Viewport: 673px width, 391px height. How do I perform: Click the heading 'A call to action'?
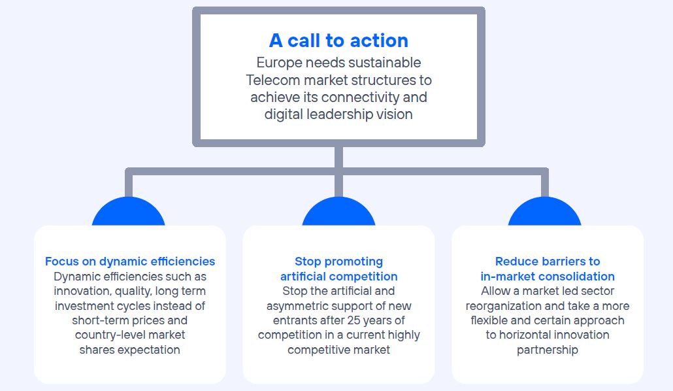[x=338, y=41]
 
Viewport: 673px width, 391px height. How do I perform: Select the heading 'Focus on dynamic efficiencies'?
[x=130, y=262]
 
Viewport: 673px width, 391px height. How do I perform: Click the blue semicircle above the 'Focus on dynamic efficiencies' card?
[x=128, y=211]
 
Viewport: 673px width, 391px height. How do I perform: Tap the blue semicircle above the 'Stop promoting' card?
[x=338, y=211]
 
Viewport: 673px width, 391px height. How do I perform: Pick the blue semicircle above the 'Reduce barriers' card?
[x=545, y=211]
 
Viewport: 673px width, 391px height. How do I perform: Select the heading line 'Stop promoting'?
[x=338, y=262]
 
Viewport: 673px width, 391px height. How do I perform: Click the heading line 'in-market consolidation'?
[x=548, y=277]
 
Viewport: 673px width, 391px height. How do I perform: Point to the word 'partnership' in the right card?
[x=548, y=350]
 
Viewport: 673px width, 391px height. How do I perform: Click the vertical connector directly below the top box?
[x=338, y=158]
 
